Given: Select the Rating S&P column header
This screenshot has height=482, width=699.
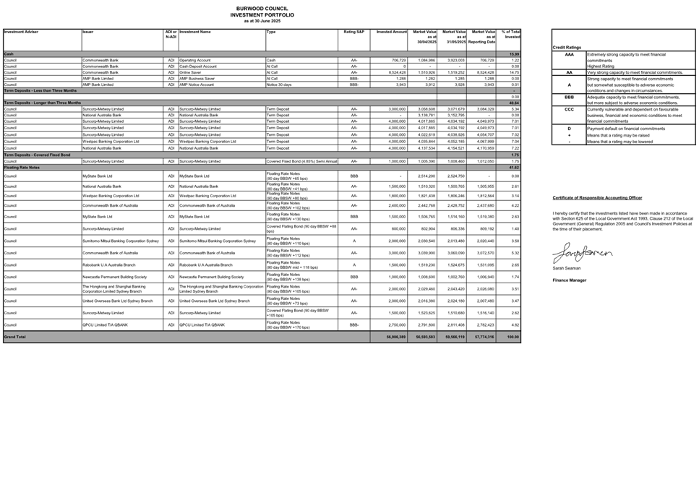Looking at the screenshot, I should coord(354,33).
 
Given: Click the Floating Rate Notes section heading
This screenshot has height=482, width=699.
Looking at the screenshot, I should coord(22,167).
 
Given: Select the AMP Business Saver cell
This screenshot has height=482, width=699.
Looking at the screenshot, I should coord(199,78).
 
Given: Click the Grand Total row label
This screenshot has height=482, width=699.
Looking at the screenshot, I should coord(15,337).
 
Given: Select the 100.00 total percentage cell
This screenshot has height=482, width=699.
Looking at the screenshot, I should coord(513,337).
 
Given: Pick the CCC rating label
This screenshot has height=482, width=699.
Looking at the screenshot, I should coord(569,109).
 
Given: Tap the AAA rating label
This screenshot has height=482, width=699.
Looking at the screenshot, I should coord(569,55).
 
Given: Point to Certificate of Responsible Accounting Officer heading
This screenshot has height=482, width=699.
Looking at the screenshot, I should coord(597,197).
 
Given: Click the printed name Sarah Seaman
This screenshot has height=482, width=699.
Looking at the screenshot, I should coord(566,267).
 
